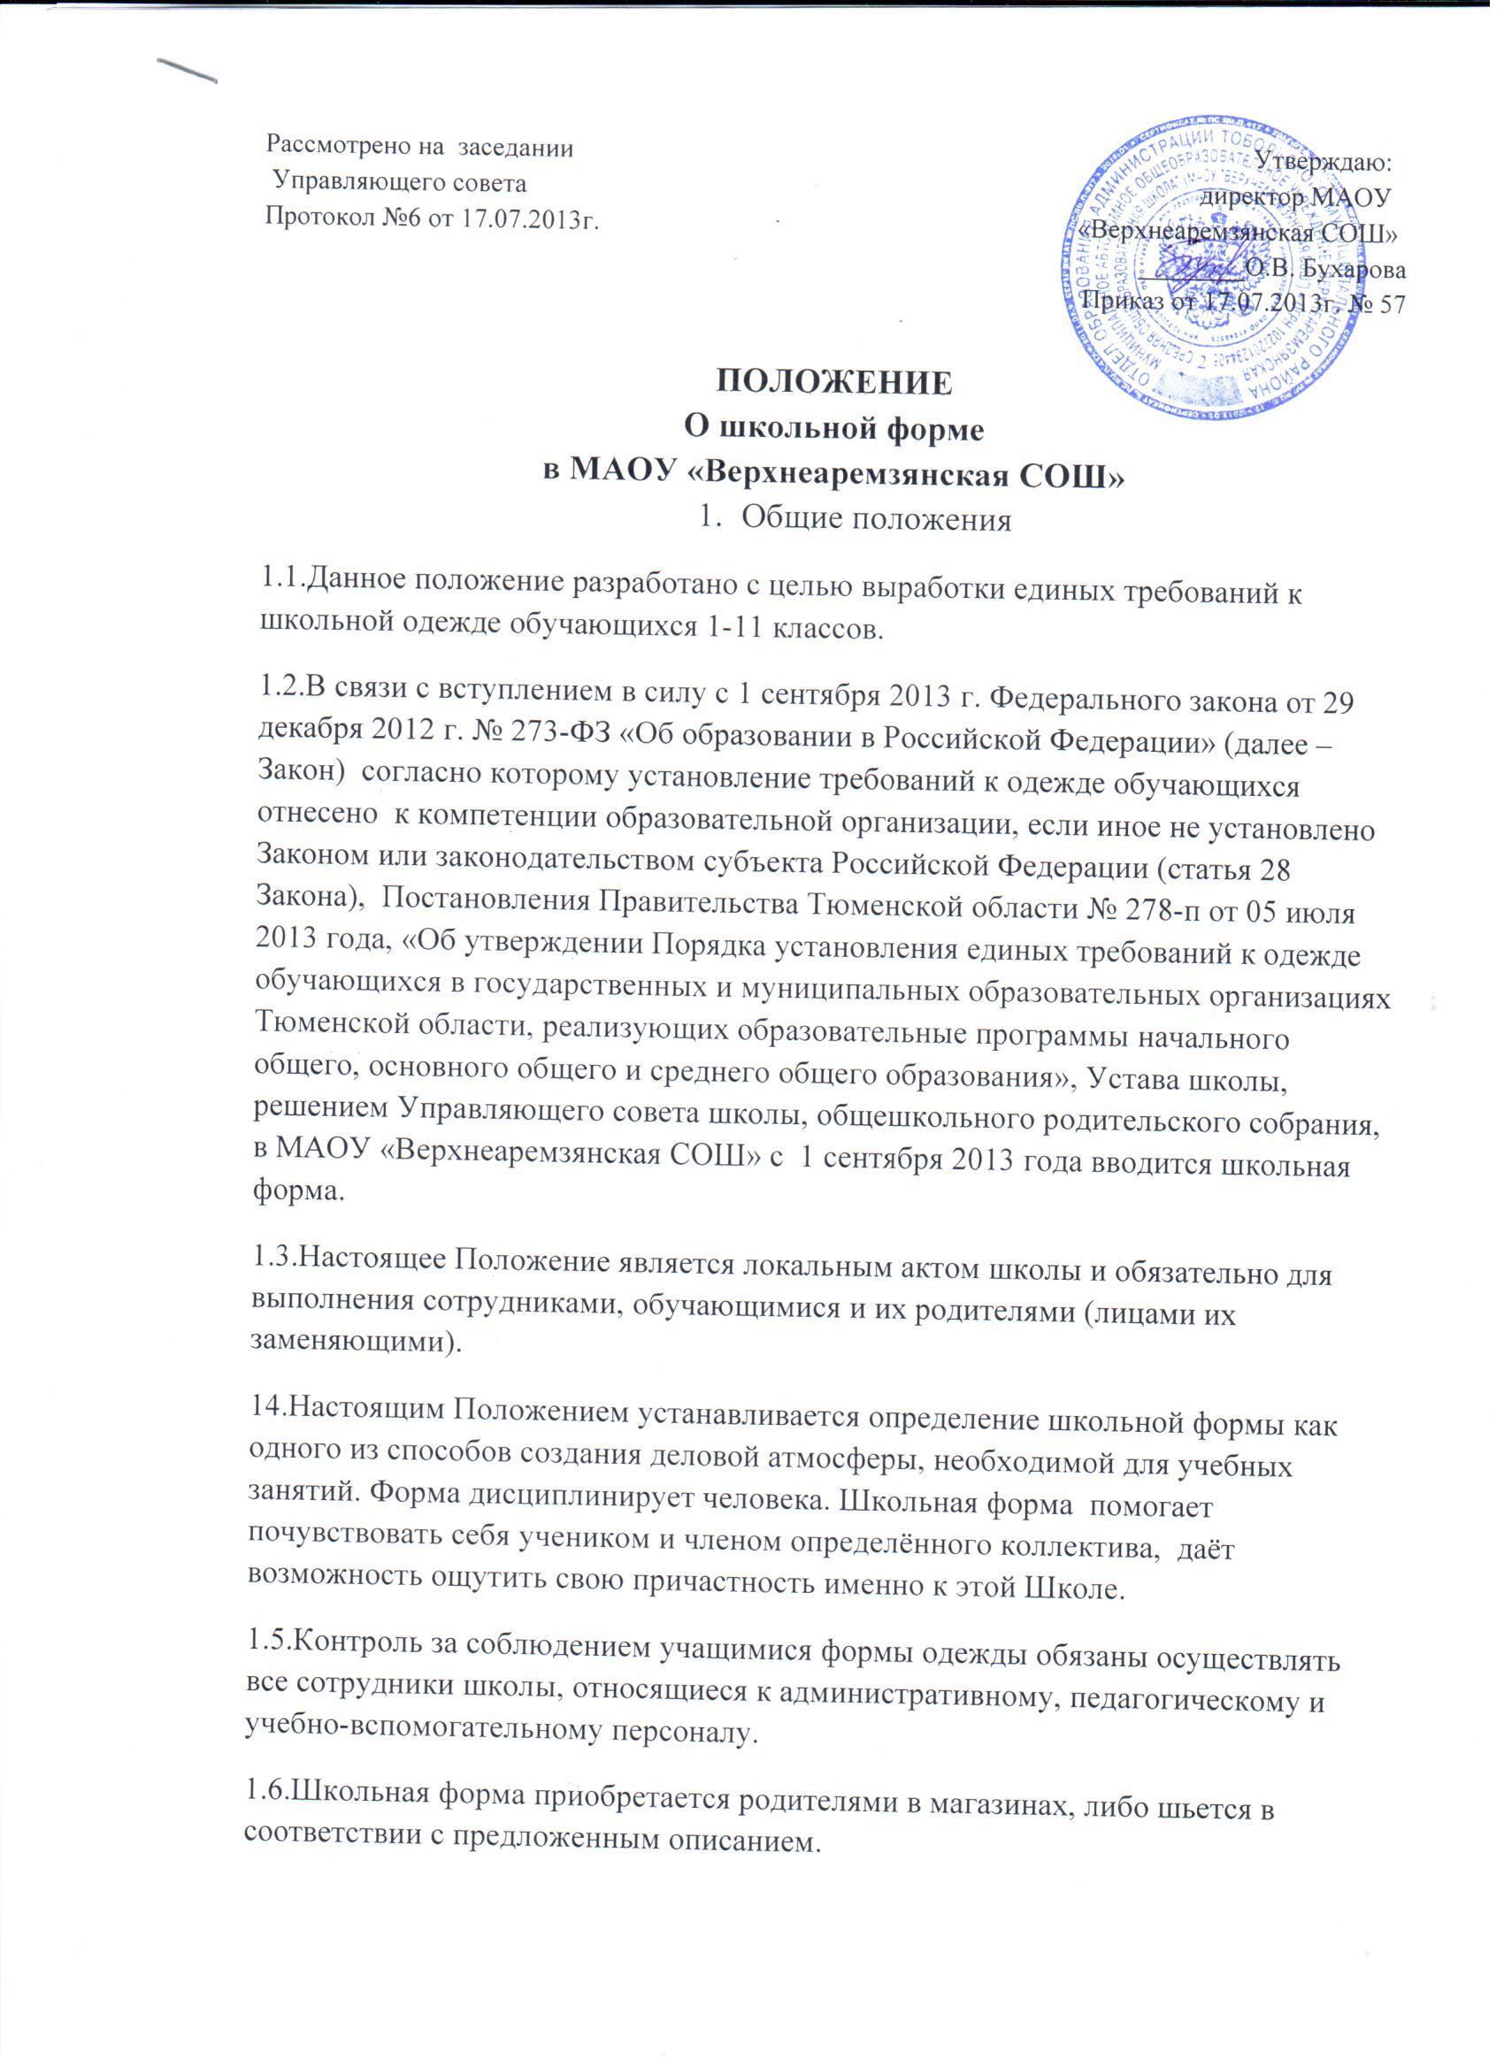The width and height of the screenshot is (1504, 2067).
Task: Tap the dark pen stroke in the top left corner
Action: [x=188, y=70]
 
